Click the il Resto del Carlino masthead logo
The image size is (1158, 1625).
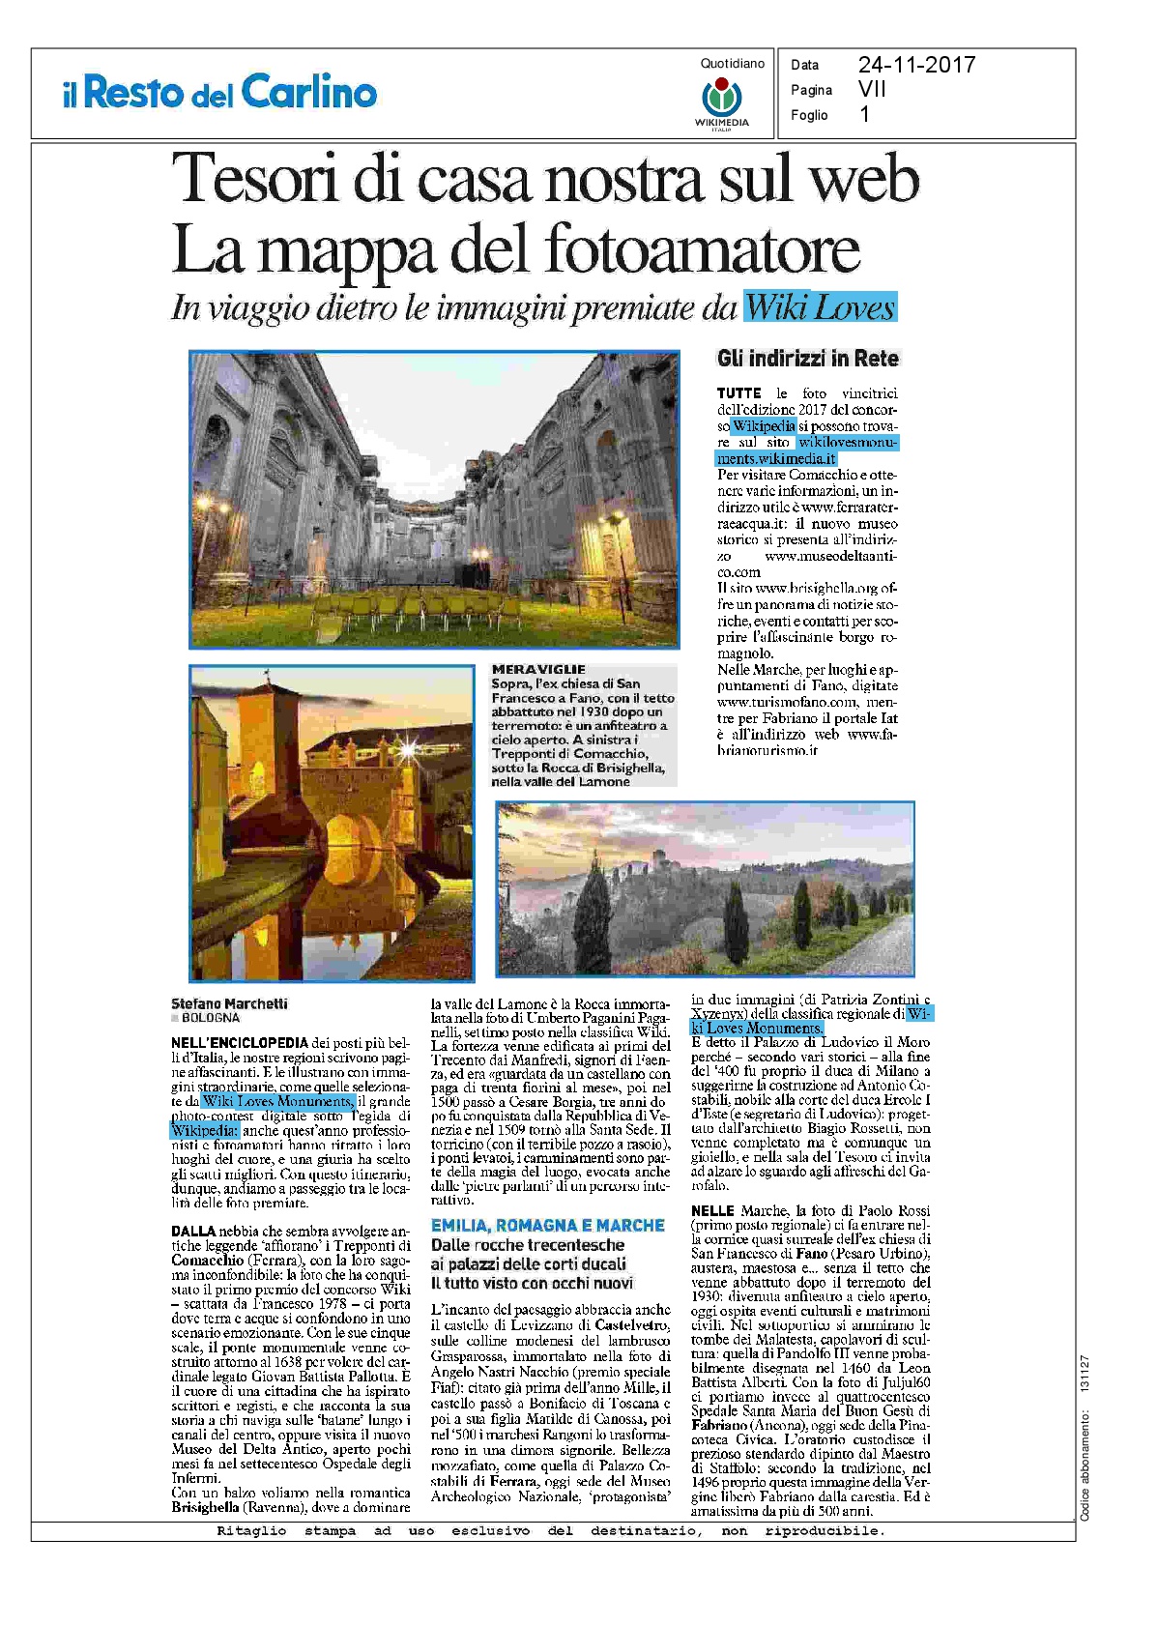pos(219,93)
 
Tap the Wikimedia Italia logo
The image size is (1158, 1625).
pos(721,101)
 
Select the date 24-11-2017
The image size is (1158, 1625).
pos(916,65)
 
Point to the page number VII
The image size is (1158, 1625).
pos(872,89)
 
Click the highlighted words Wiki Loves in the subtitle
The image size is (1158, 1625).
pos(820,307)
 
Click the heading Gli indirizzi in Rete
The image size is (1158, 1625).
pos(807,359)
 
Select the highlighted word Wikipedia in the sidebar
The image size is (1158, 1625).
pos(764,425)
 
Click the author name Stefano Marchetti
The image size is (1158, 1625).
pos(229,1003)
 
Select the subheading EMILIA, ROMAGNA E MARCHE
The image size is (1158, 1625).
pos(548,1225)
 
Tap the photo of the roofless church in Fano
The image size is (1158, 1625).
pos(434,499)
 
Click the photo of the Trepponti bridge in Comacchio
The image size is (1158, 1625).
pos(332,823)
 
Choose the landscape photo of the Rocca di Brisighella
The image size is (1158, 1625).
pos(705,888)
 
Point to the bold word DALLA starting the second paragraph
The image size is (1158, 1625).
pos(193,1231)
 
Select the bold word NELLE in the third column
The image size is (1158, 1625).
pos(712,1210)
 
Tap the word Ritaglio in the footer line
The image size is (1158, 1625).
pos(251,1530)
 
